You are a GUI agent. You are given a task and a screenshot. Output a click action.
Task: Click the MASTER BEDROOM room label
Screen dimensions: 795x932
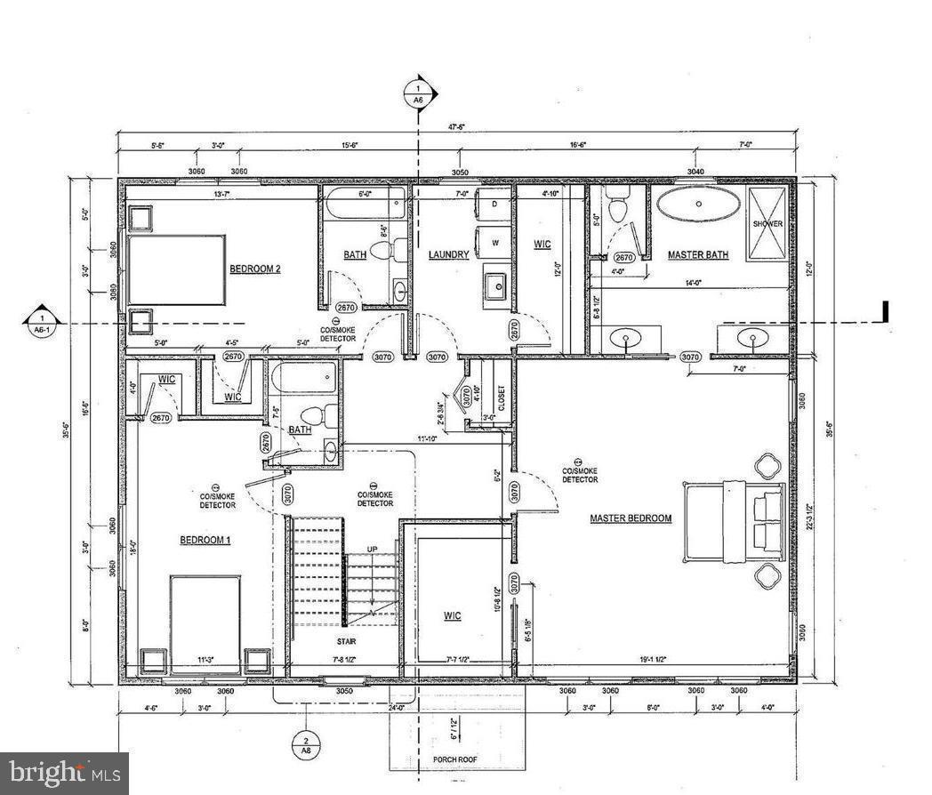pos(631,518)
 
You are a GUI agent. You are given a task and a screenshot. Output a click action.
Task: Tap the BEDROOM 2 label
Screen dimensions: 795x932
pos(255,269)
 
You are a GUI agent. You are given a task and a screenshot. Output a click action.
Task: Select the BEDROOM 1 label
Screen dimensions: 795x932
pos(205,540)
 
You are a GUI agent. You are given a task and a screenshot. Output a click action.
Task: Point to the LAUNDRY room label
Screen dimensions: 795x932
pos(448,255)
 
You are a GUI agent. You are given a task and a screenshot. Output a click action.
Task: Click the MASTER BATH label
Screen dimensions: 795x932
pos(698,255)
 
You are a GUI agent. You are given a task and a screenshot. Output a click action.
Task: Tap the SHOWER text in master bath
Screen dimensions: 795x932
pos(767,224)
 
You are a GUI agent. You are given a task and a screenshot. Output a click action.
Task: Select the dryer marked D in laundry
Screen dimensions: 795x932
pos(494,205)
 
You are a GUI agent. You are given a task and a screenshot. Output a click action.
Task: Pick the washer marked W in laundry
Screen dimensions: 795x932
pos(494,241)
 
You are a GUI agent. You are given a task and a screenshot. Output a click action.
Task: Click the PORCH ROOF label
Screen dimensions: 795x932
pos(456,759)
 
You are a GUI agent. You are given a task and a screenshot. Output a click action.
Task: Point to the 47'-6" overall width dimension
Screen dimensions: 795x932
pos(457,127)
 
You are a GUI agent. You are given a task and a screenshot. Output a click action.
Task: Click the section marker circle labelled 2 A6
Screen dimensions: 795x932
pos(305,745)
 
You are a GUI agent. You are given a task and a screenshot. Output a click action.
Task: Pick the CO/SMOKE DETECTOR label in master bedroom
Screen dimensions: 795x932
pos(580,474)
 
